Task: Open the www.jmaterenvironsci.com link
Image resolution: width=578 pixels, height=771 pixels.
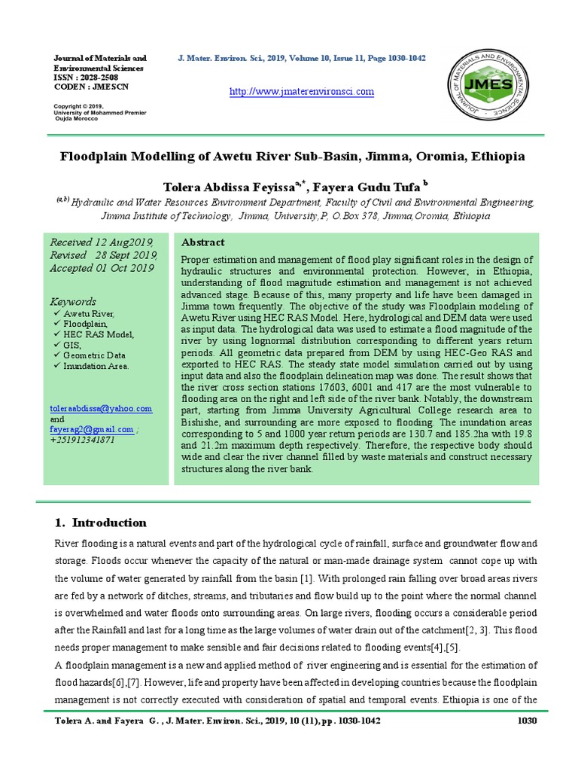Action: click(x=301, y=92)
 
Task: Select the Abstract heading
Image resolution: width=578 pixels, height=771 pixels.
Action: click(x=203, y=242)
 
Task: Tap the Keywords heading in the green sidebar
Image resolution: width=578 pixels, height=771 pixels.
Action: click(x=72, y=301)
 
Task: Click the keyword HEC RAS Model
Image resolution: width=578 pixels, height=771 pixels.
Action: click(x=99, y=334)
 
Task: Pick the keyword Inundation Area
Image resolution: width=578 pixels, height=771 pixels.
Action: click(x=96, y=366)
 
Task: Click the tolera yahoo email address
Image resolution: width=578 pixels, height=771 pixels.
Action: click(x=101, y=408)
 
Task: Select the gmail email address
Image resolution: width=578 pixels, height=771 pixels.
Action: click(x=91, y=429)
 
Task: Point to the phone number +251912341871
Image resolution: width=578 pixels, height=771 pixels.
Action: click(x=83, y=440)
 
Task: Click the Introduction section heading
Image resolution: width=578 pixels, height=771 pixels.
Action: click(x=108, y=523)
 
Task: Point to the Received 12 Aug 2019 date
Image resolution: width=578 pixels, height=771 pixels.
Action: click(x=102, y=242)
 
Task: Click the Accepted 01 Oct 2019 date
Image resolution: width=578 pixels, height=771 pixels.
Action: click(x=102, y=268)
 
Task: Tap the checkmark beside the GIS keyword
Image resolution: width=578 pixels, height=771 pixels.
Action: click(x=57, y=345)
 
